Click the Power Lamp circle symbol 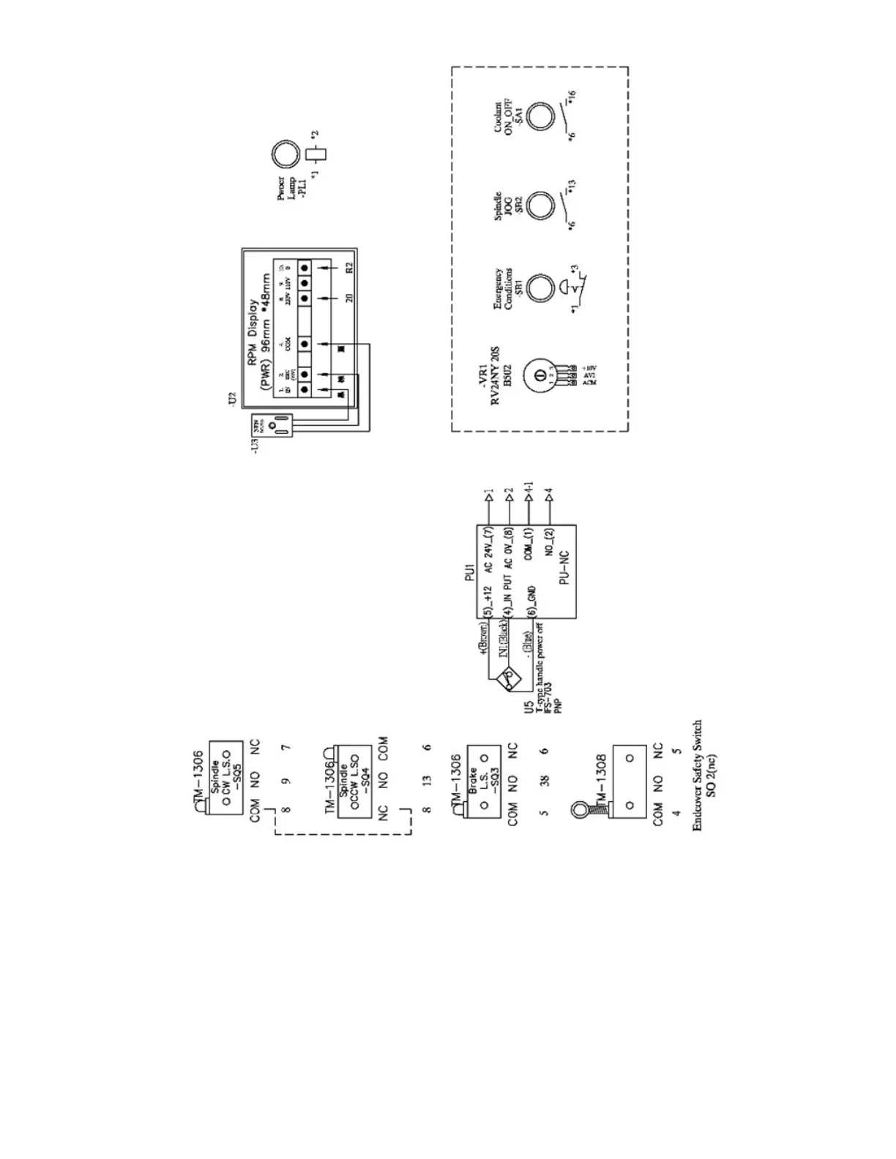(x=285, y=155)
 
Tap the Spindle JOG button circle (x=540, y=206)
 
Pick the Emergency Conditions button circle (x=540, y=288)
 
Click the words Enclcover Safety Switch (x=697, y=775)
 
